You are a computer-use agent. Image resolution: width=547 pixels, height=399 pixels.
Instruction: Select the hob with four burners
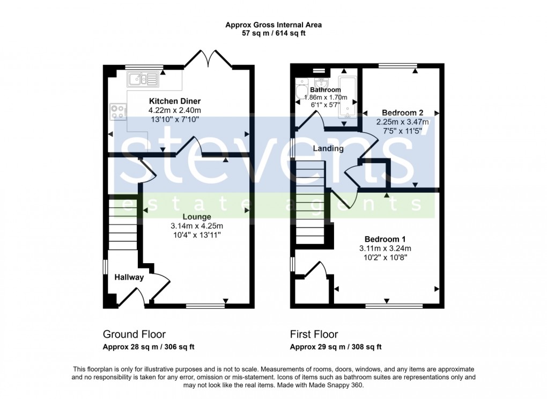(x=118, y=111)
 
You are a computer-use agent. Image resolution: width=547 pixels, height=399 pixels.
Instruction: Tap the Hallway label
(x=129, y=278)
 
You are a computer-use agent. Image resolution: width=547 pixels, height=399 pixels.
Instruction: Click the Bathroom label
(x=325, y=90)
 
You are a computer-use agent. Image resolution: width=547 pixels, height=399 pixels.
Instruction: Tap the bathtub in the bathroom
(x=348, y=97)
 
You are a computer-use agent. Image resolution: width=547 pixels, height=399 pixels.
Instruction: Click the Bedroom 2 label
(x=403, y=113)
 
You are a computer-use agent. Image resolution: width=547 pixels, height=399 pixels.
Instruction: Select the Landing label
(x=328, y=149)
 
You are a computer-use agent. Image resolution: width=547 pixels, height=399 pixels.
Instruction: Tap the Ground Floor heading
(x=134, y=335)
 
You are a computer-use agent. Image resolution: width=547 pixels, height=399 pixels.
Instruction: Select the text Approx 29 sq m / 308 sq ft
(x=336, y=347)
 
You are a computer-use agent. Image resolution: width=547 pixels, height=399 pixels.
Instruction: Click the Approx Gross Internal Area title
(x=273, y=25)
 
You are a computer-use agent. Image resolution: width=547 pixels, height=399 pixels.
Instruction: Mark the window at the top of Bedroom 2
(x=397, y=67)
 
